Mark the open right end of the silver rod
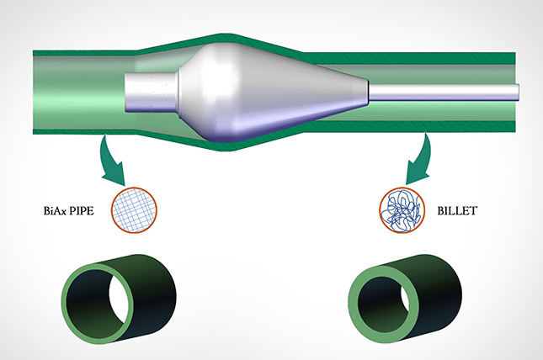pyautogui.click(x=516, y=91)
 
